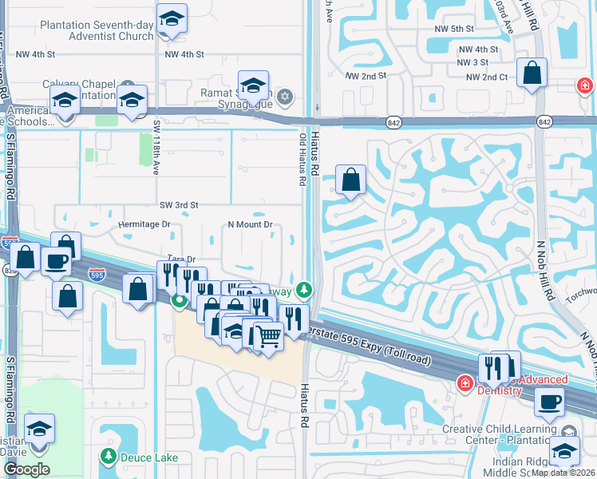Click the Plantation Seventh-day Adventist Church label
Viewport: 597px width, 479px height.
[x=98, y=30]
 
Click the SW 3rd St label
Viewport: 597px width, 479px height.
[x=179, y=205]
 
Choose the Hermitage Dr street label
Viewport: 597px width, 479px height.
[x=144, y=224]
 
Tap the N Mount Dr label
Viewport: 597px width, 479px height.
[x=251, y=224]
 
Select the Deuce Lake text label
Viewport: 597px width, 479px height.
[x=149, y=457]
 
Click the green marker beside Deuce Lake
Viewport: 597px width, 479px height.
[x=109, y=457]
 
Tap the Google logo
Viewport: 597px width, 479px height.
[x=27, y=469]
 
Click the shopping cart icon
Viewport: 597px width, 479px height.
[x=267, y=336]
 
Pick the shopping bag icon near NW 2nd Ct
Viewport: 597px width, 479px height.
[x=532, y=73]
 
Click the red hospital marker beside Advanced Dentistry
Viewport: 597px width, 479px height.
[x=464, y=385]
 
